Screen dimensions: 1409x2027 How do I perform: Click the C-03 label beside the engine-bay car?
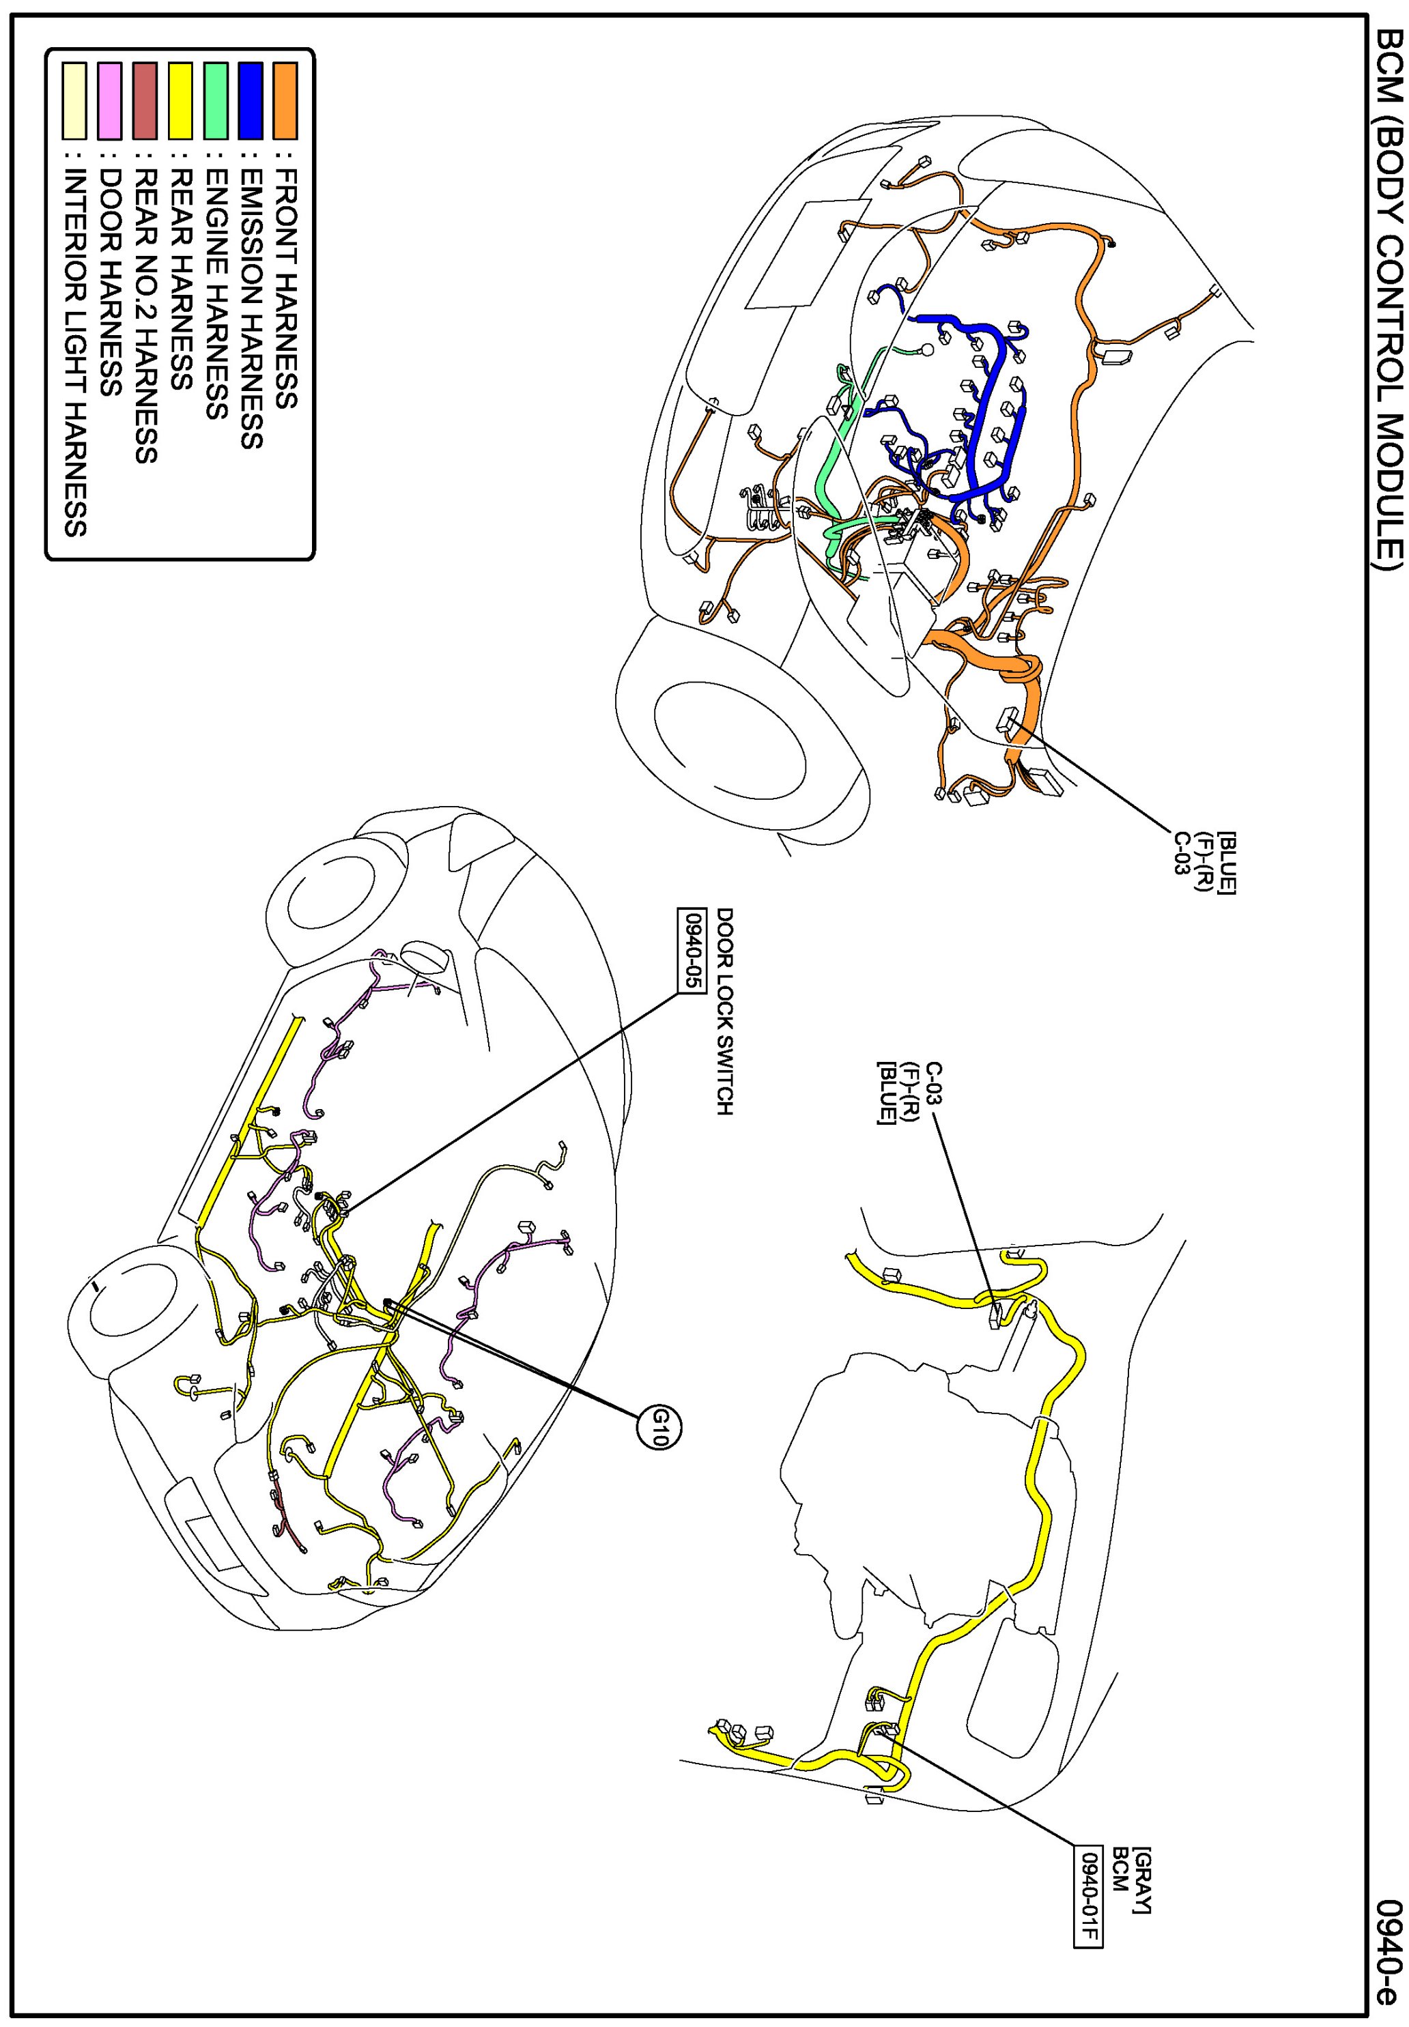(x=1180, y=852)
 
